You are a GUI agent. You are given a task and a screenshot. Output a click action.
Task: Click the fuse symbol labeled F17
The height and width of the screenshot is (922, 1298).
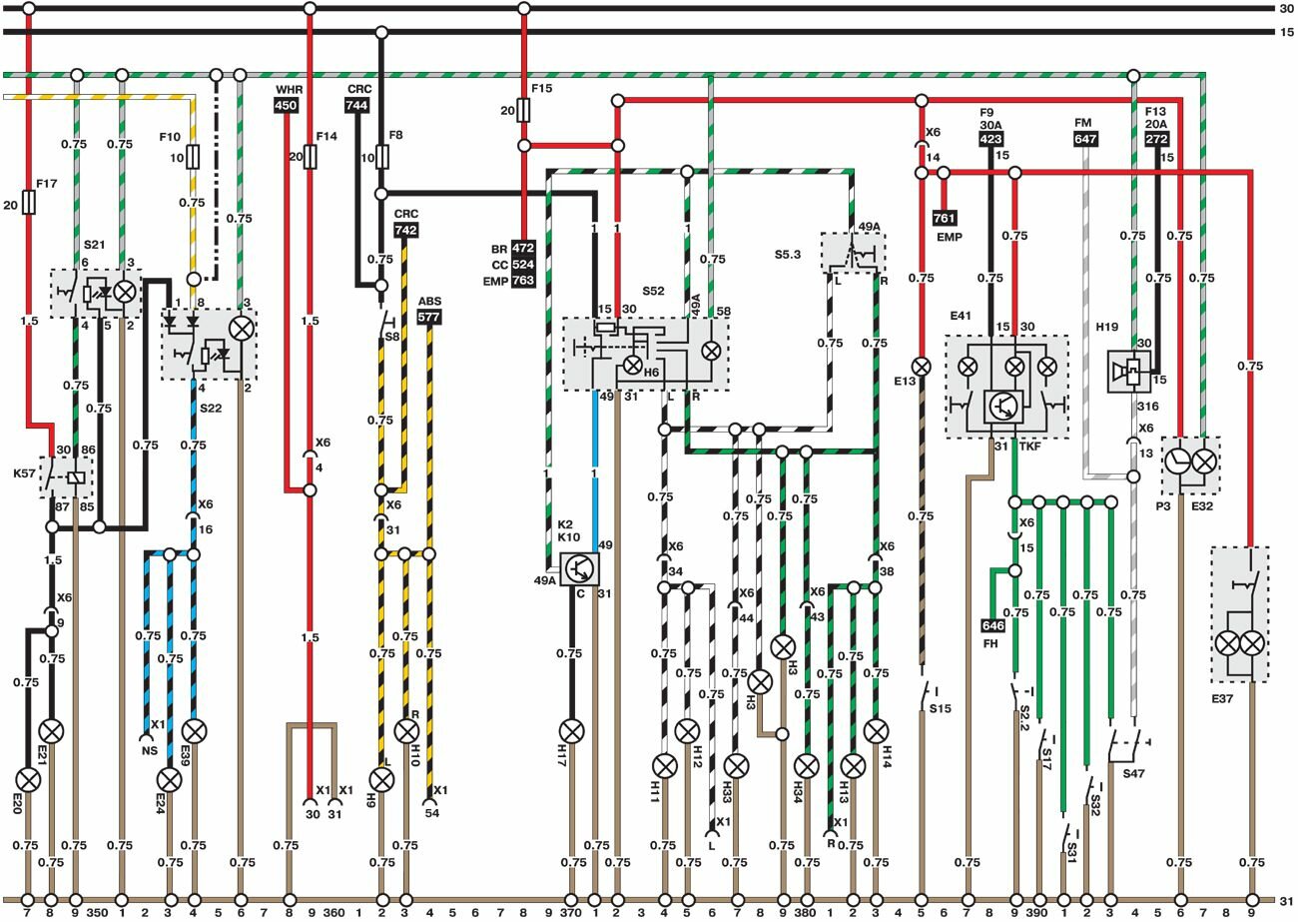28,204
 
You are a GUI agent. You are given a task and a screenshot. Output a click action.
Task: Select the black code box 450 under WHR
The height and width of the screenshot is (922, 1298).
287,106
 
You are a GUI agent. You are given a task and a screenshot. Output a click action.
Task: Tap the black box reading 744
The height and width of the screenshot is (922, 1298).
356,106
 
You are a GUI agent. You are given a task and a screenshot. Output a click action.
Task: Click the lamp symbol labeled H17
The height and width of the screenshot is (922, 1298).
571,730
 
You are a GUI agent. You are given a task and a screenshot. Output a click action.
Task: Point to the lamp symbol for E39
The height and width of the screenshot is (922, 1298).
195,730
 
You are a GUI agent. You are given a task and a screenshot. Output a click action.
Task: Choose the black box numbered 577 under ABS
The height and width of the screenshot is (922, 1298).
429,317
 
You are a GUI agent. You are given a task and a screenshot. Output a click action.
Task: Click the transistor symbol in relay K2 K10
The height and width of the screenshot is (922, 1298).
578,568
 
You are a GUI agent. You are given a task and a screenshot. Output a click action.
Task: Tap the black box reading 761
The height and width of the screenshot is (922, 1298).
944,218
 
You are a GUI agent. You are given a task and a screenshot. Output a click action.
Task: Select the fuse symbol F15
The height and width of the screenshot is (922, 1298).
524,110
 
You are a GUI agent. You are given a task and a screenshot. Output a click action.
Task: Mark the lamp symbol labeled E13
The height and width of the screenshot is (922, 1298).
921,367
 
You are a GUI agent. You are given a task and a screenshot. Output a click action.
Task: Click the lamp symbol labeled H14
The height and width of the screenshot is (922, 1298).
876,730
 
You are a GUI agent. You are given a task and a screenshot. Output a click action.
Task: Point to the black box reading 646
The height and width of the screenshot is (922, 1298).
992,626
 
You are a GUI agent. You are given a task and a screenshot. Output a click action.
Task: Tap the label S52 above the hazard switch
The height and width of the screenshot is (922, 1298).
653,291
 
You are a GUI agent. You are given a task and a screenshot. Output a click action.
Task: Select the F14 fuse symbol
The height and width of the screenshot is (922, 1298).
310,156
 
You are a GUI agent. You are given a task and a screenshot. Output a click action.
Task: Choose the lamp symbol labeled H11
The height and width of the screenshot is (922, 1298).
664,766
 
